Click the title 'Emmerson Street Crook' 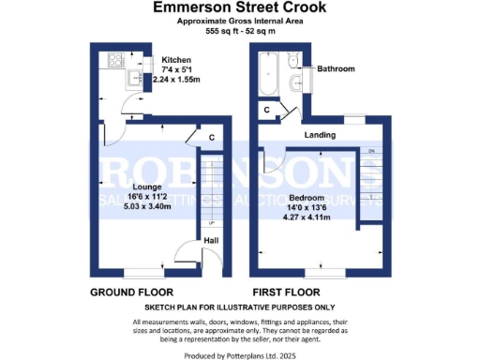[x=240, y=7]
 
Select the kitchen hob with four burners [x=117, y=61]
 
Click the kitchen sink [x=135, y=80]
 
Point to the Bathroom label [x=336, y=69]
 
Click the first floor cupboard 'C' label [x=267, y=110]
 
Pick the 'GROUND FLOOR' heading [x=130, y=292]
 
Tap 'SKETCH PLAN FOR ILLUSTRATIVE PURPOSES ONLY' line [x=240, y=307]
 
